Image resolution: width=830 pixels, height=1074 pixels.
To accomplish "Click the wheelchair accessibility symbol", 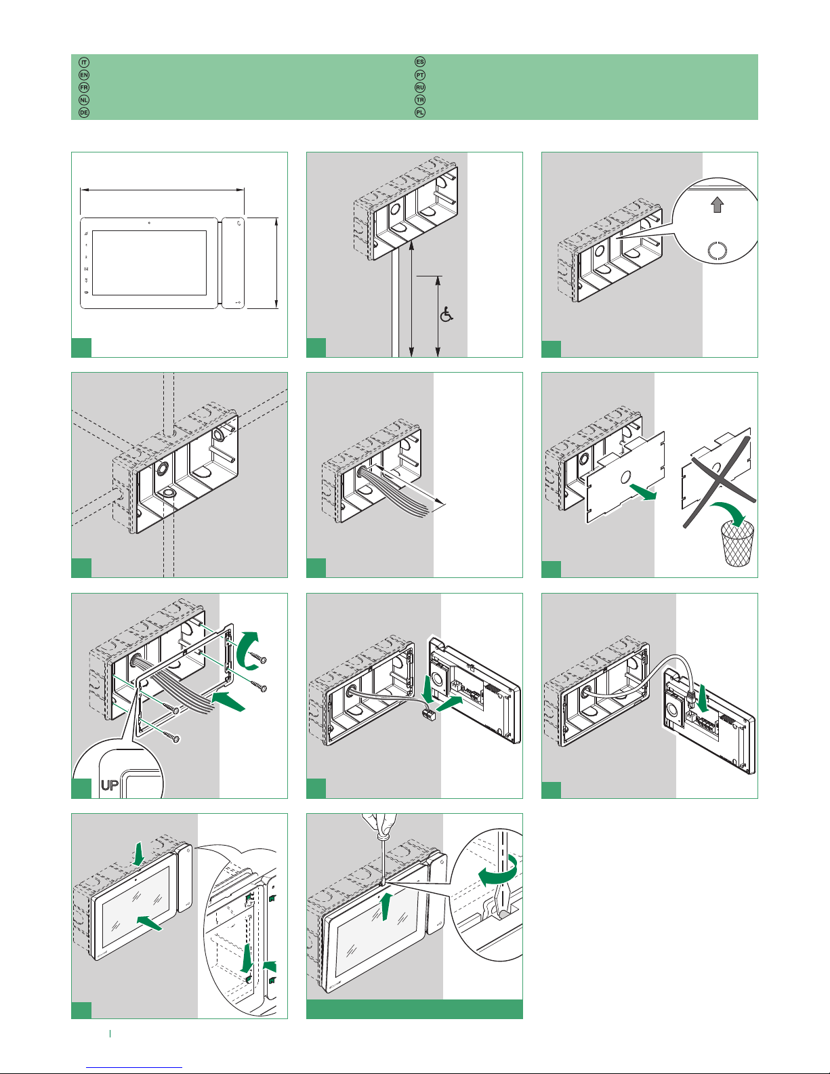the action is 447,314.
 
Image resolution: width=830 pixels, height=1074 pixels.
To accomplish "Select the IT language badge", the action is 84,62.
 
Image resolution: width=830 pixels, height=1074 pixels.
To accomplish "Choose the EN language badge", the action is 84,75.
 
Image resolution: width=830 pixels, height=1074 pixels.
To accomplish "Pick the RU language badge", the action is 420,87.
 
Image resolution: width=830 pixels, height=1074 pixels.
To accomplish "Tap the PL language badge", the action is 420,112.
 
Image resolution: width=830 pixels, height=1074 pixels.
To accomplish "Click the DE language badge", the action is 84,112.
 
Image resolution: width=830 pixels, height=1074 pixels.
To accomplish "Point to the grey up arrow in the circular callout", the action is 717,205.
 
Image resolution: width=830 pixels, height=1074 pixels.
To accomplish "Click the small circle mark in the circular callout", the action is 717,251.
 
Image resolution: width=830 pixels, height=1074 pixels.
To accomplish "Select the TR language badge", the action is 420,100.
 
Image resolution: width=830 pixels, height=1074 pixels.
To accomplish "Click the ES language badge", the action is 420,62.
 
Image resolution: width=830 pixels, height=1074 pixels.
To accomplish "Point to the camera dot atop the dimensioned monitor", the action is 148,223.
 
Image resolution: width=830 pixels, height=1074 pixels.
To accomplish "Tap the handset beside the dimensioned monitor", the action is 234,262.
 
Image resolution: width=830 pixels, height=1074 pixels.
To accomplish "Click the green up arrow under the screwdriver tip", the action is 385,906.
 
